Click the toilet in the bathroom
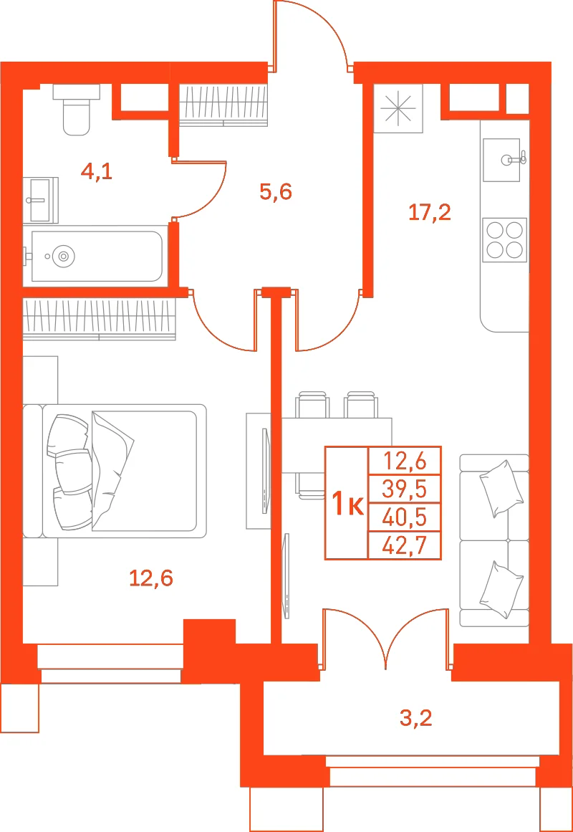click(x=77, y=109)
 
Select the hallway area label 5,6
click(x=276, y=191)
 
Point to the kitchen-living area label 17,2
click(x=429, y=213)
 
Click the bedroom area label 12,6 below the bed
click(x=151, y=578)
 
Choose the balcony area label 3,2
click(x=416, y=719)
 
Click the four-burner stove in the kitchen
click(x=505, y=240)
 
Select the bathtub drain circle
click(x=64, y=257)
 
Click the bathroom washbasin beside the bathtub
click(x=41, y=199)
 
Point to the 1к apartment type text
click(x=347, y=504)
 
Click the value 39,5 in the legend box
click(x=405, y=489)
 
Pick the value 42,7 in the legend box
click(x=405, y=545)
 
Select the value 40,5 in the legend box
click(x=405, y=517)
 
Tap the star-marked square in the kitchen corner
click(x=398, y=108)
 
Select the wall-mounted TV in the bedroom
click(x=265, y=471)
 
